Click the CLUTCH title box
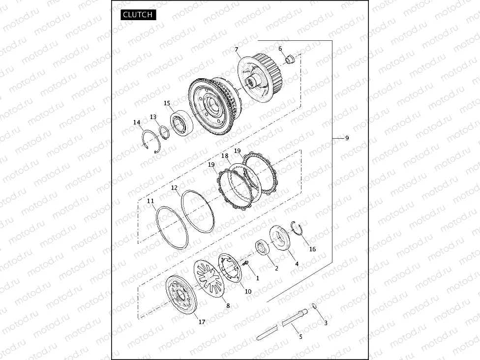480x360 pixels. (138, 14)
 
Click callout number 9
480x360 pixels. (347, 138)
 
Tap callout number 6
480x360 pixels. (280, 48)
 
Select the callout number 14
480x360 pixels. (137, 122)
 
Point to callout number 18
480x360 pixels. (225, 155)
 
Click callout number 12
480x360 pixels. (174, 188)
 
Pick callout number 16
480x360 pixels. (312, 249)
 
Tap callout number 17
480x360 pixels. (202, 322)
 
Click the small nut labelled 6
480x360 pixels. (290, 59)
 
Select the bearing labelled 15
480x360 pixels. (182, 123)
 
